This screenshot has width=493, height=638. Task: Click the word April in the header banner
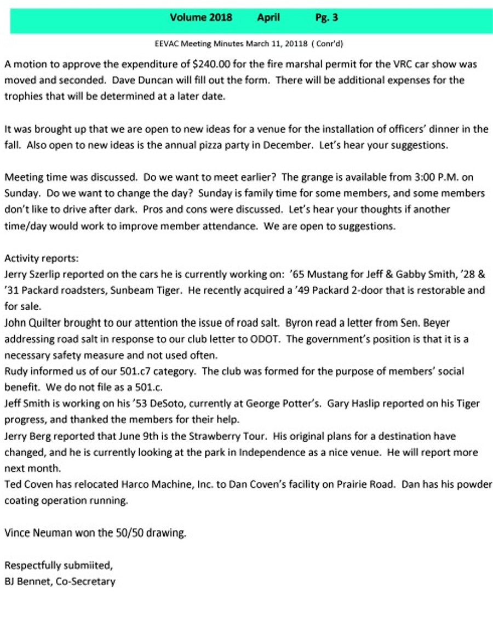click(x=268, y=18)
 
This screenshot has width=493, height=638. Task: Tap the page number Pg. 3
click(x=326, y=18)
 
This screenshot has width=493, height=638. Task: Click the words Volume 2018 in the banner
click(x=201, y=18)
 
